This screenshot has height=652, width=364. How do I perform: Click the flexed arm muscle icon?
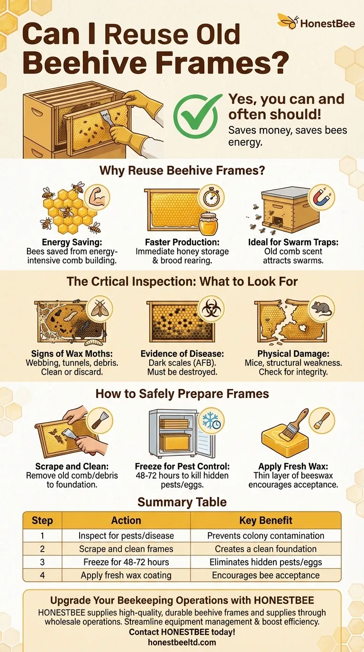tap(97, 197)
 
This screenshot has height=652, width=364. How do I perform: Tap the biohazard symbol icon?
tap(210, 309)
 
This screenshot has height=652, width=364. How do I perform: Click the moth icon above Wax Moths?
tap(99, 308)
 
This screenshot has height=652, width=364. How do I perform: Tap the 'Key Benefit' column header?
tap(265, 520)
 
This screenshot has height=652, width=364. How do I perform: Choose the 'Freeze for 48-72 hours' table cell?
tap(126, 562)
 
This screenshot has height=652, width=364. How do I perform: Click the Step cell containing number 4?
tap(42, 575)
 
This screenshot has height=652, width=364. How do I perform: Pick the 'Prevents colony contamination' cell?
tap(265, 535)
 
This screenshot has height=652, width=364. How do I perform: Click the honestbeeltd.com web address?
tap(182, 642)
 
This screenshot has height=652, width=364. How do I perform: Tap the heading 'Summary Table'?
tap(182, 502)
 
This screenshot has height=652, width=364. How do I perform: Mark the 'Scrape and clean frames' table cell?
tap(126, 549)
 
